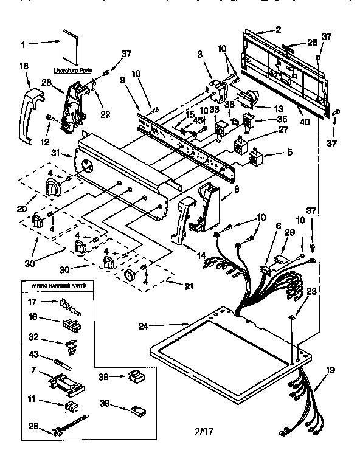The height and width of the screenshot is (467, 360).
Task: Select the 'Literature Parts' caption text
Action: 69,71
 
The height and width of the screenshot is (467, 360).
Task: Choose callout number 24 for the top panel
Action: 143,326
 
